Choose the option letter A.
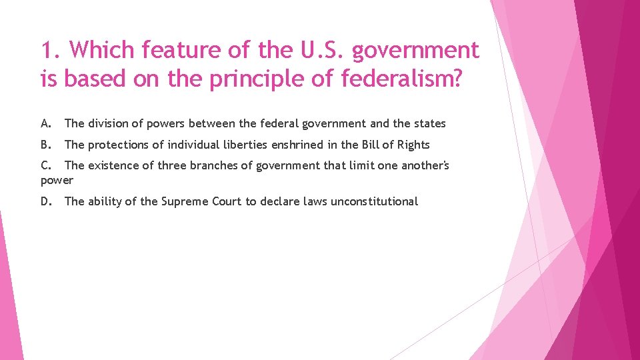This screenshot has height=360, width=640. click(46, 123)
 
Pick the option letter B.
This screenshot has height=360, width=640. click(46, 145)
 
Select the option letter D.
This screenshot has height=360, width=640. click(47, 201)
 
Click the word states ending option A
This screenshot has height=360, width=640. click(429, 123)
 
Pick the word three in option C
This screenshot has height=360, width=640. click(171, 165)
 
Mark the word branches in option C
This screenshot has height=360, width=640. click(216, 165)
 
